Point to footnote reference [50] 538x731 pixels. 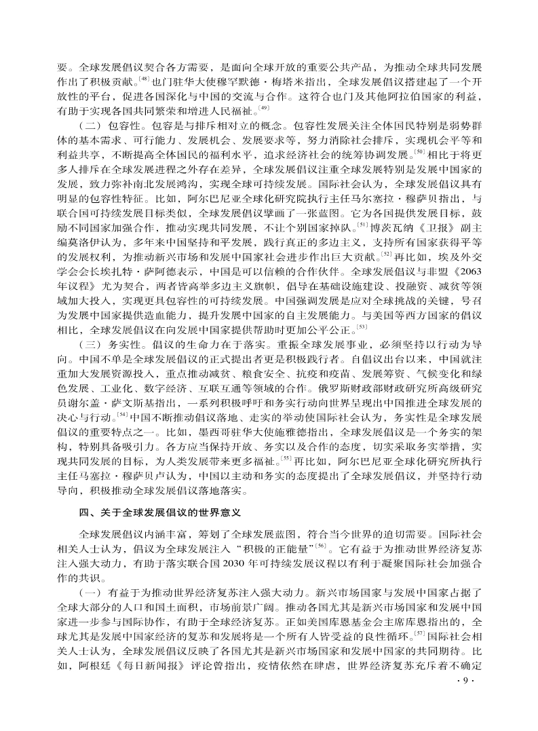(x=419, y=151)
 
